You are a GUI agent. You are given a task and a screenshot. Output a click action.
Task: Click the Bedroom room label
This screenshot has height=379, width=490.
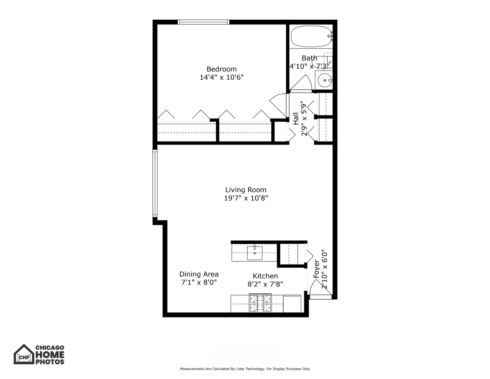click(x=221, y=69)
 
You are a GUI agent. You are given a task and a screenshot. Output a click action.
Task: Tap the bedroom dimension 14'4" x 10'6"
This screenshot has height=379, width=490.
click(x=221, y=78)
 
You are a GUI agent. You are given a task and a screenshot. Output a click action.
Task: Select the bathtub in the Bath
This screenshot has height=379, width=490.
click(x=311, y=36)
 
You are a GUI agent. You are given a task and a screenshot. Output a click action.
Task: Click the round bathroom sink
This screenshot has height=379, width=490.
click(x=325, y=80)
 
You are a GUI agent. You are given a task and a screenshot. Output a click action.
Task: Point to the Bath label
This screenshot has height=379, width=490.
click(x=309, y=58)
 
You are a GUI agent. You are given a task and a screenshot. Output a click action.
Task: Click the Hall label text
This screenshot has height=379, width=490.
click(x=296, y=119)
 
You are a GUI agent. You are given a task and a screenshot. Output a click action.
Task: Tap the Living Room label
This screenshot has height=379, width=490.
click(x=246, y=190)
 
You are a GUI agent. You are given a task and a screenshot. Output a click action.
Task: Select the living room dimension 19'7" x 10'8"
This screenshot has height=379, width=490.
click(x=246, y=198)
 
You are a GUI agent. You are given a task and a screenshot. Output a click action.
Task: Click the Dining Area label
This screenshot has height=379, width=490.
click(x=199, y=274)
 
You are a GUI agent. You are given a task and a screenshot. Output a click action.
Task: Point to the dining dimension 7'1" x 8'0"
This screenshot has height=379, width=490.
click(x=199, y=282)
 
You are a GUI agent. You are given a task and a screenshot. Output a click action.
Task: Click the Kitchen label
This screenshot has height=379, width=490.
click(x=265, y=276)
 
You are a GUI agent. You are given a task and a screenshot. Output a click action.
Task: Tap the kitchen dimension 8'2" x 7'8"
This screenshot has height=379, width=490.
click(x=265, y=284)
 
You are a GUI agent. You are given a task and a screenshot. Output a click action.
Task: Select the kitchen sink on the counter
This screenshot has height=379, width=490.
click(x=254, y=253)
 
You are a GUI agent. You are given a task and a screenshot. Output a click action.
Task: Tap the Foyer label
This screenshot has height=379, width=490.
click(x=317, y=269)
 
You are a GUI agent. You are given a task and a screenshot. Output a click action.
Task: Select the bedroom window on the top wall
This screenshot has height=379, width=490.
click(x=204, y=22)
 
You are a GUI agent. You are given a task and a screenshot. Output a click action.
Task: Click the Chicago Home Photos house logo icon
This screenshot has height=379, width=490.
click(x=23, y=355)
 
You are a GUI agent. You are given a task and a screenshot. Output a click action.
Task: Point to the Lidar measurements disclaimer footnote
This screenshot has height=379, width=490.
click(x=245, y=369)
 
